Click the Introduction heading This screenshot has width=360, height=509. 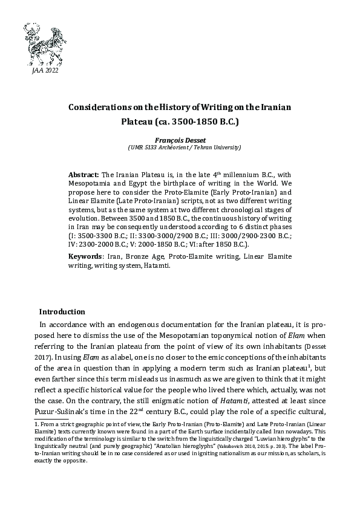point(62,312)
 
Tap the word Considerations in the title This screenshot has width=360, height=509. point(105,106)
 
